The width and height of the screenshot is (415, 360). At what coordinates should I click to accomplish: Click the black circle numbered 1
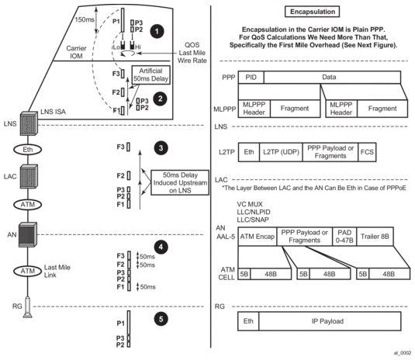click(157, 32)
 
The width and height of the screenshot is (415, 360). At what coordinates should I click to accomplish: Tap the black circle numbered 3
click(161, 148)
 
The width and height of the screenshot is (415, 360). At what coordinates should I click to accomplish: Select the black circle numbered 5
click(161, 319)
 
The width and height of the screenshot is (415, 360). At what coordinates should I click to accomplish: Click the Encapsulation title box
click(313, 12)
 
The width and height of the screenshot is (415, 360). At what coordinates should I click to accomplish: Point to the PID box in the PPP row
click(251, 78)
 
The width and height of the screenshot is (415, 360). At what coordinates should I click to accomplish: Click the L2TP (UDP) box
click(281, 152)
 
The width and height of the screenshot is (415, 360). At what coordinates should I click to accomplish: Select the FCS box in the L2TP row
click(367, 152)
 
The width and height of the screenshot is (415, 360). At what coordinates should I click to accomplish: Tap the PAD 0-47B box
click(344, 237)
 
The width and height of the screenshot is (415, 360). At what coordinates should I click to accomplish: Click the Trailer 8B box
click(375, 237)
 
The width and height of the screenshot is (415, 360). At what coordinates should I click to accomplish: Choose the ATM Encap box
click(258, 237)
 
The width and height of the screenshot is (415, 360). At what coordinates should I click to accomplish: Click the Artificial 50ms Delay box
click(150, 75)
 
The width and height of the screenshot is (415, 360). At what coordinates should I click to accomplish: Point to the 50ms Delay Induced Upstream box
click(180, 182)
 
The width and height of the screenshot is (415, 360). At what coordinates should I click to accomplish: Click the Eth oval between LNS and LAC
click(28, 150)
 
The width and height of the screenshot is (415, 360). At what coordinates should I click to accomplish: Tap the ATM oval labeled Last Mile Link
click(28, 271)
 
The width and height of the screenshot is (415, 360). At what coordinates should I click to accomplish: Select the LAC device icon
click(29, 177)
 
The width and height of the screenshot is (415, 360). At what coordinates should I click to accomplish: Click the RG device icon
click(27, 307)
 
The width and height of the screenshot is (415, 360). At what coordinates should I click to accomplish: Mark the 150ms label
click(85, 19)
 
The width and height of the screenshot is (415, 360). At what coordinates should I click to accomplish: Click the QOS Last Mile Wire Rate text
click(192, 53)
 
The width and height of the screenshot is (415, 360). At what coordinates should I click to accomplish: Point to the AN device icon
click(28, 234)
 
